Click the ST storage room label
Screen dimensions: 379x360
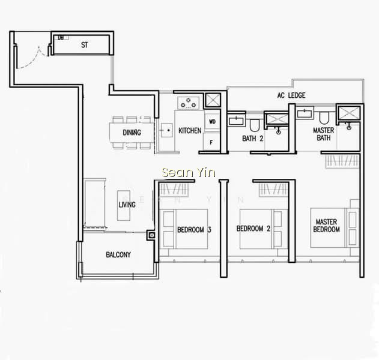coord(84,45)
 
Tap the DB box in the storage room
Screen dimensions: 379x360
coord(61,38)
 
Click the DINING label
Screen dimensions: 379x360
coord(132,133)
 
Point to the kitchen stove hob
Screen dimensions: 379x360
coord(188,103)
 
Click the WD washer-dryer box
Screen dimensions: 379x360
coord(212,121)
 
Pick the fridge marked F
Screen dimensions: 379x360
coord(211,142)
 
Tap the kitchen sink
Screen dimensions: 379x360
coord(167,130)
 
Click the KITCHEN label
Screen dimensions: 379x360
coord(190,131)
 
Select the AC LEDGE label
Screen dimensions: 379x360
coord(291,95)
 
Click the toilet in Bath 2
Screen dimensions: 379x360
coord(254,125)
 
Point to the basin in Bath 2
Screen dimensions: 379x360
coord(237,121)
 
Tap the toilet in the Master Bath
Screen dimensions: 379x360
coord(324,118)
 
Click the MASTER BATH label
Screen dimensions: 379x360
coord(323,134)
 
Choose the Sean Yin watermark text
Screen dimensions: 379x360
coord(189,173)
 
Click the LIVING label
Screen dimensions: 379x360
coord(127,205)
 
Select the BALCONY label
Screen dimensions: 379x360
coord(118,254)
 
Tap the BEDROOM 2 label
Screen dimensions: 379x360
coord(253,229)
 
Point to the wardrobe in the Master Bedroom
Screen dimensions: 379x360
coord(342,161)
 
